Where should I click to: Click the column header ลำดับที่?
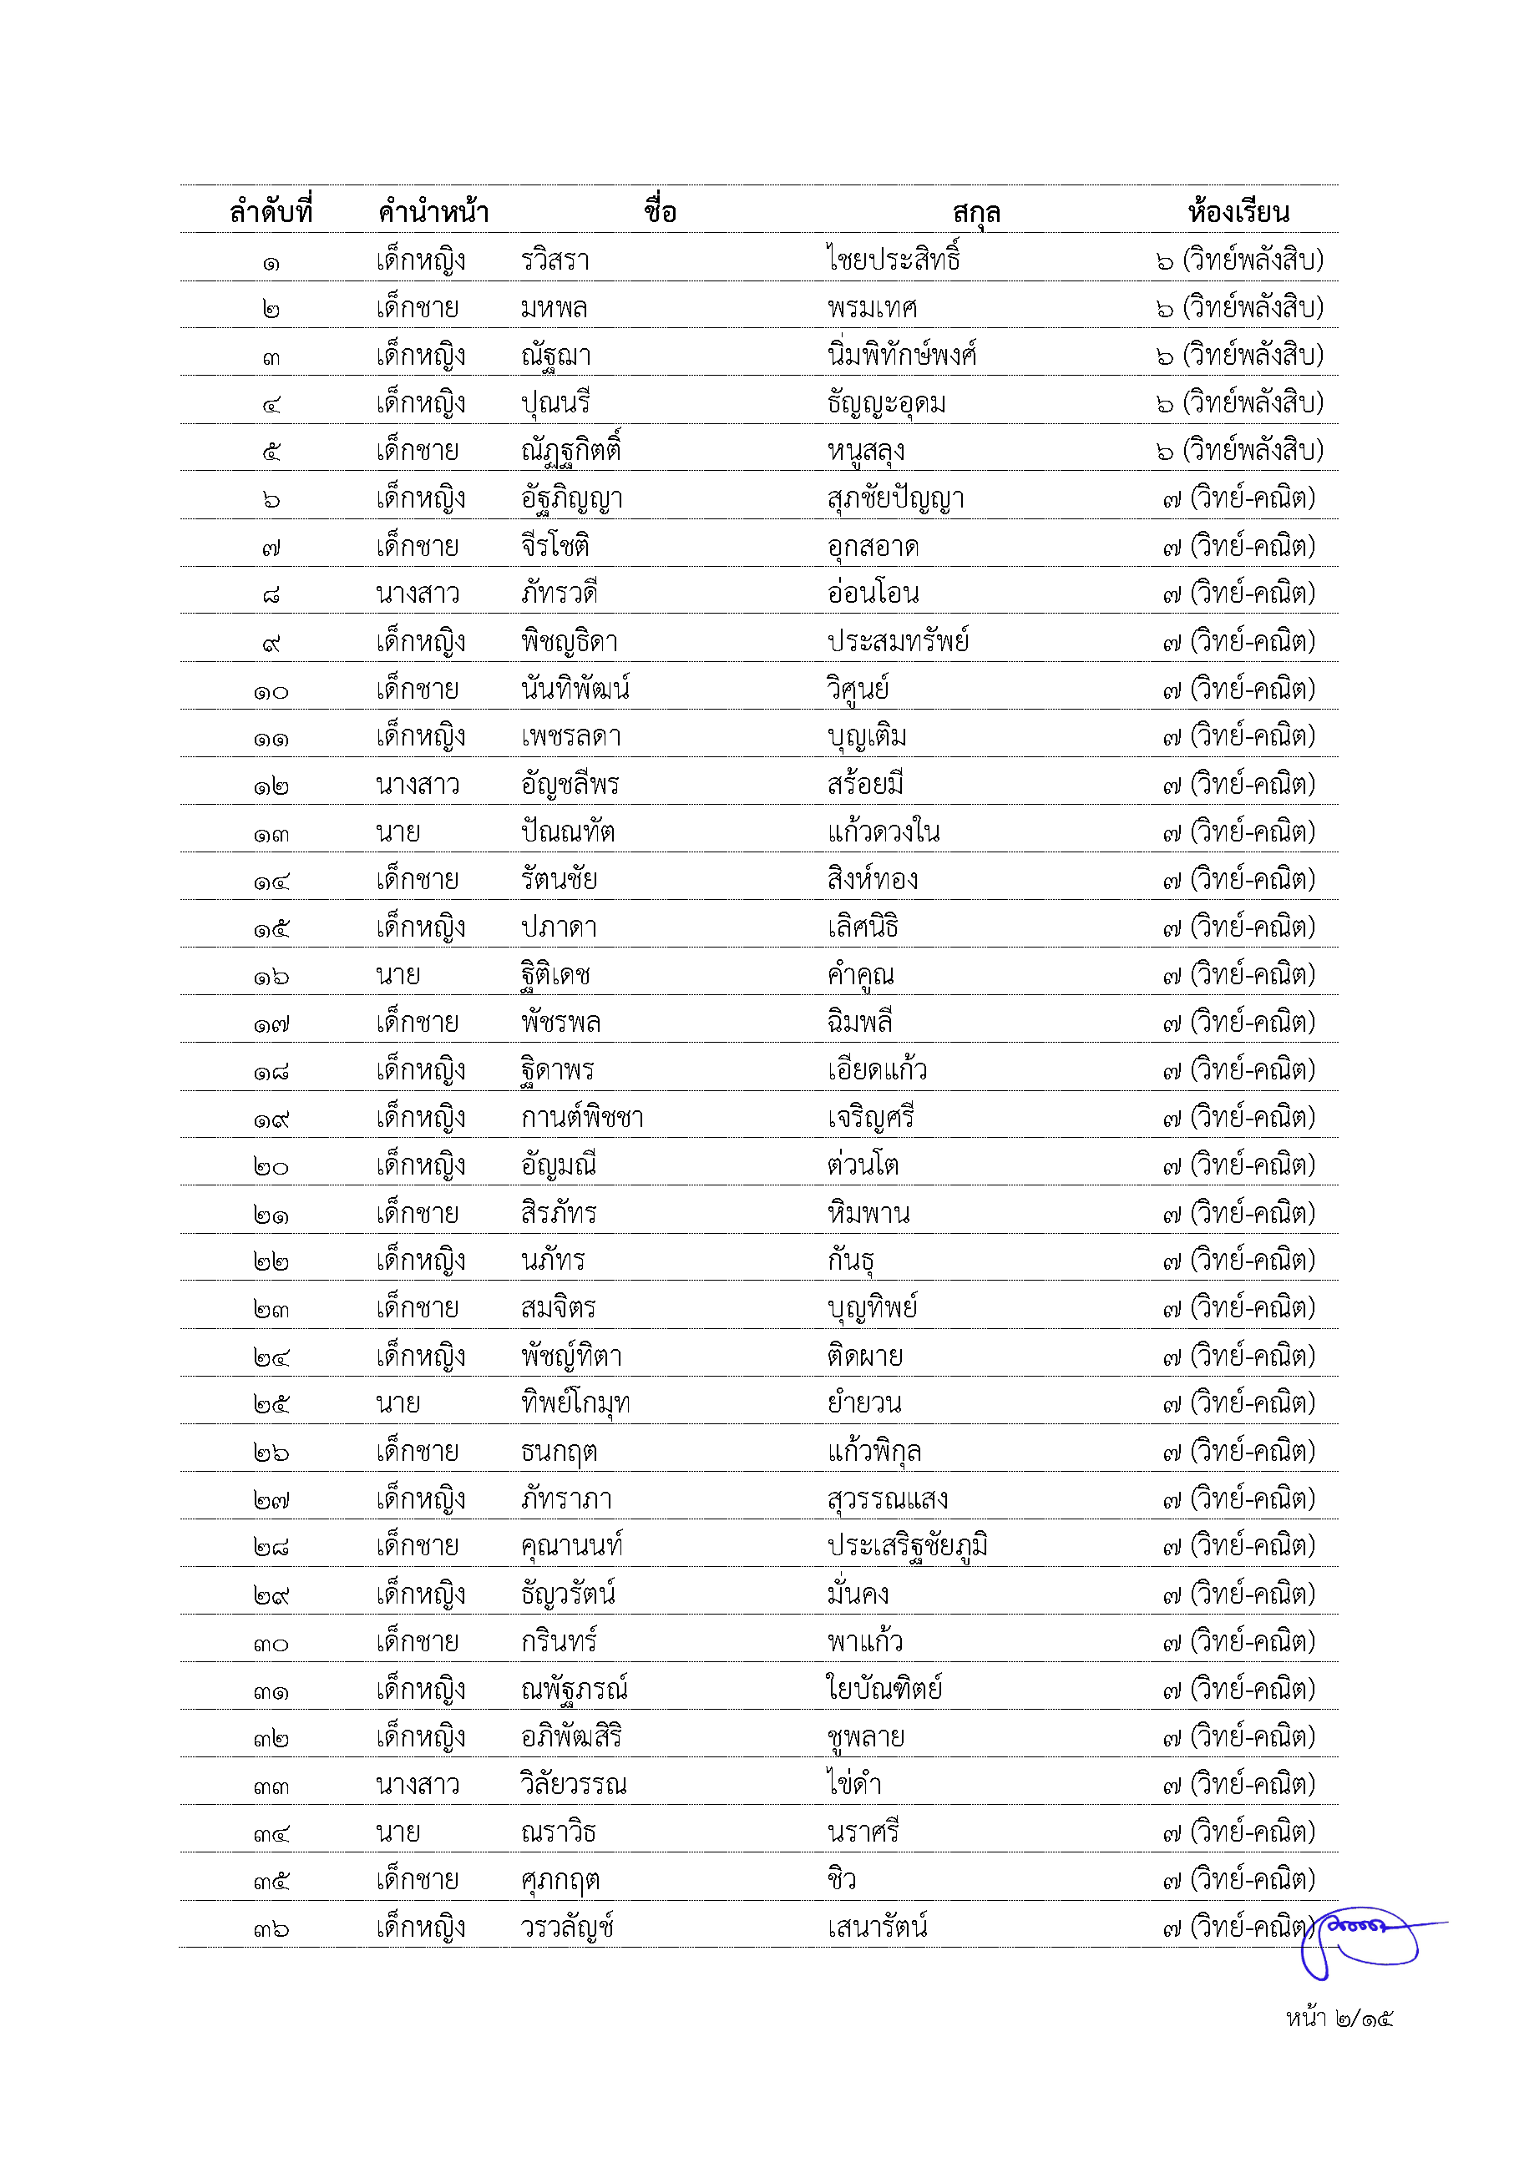[271, 211]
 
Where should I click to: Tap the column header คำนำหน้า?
[433, 211]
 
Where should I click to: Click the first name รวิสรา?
[555, 260]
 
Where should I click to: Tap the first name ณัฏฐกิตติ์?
[570, 451]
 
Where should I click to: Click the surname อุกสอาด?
[873, 546]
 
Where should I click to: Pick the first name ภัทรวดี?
[559, 593]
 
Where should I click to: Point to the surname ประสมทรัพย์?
[898, 641]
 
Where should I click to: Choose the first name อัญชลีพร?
[570, 785]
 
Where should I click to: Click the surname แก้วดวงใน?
[884, 831]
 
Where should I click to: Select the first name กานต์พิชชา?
[582, 1118]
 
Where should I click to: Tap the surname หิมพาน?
[868, 1212]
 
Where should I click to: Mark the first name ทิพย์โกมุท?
[575, 1403]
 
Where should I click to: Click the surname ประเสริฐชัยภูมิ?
[907, 1546]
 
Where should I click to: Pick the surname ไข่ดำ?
[854, 1784]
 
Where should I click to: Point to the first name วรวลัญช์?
[567, 1928]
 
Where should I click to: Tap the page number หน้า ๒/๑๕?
[1339, 2018]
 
